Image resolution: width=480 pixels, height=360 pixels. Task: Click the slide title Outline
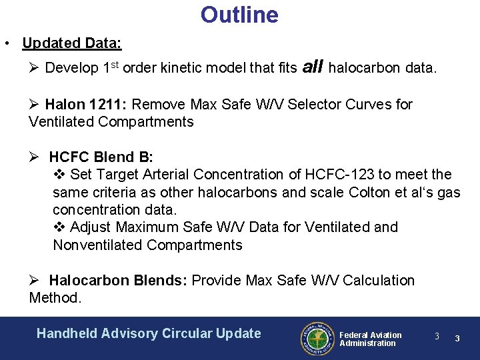coord(239,15)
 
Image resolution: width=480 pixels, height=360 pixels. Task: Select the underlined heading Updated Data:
coord(71,44)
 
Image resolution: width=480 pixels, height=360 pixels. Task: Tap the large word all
coord(313,66)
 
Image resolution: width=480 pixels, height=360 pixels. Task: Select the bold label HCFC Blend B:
coord(101,157)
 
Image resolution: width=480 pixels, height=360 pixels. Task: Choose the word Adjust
coord(91,227)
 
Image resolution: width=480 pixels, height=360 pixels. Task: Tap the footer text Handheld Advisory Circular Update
coord(149,333)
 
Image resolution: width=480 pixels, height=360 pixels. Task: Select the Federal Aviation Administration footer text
coord(370,339)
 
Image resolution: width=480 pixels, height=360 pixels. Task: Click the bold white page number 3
coord(457,338)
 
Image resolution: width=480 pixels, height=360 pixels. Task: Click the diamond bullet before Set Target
coord(58,175)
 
